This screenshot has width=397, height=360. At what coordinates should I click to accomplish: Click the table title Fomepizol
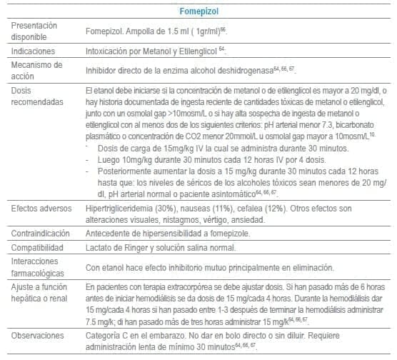coord(237,11)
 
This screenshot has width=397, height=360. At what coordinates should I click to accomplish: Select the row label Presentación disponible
coord(36,31)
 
